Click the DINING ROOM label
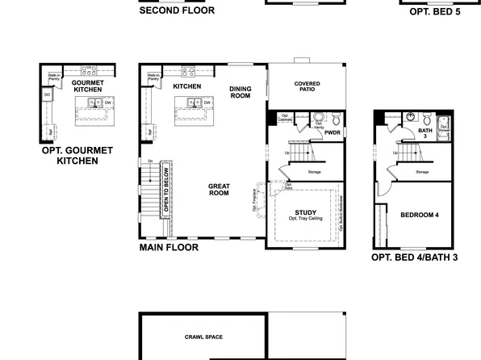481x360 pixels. [240, 92]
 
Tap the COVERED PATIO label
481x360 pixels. [307, 86]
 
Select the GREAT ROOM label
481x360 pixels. [219, 190]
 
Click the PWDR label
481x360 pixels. [333, 132]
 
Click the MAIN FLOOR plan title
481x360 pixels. [169, 248]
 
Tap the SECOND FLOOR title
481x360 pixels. [177, 10]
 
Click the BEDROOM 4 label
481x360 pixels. [419, 215]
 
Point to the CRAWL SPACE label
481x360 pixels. [203, 337]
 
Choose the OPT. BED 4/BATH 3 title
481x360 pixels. [414, 257]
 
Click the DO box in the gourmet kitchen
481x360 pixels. [47, 94]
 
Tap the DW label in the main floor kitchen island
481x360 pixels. [207, 103]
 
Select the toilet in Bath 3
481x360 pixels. [412, 117]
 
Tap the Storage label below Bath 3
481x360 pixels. [422, 172]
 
